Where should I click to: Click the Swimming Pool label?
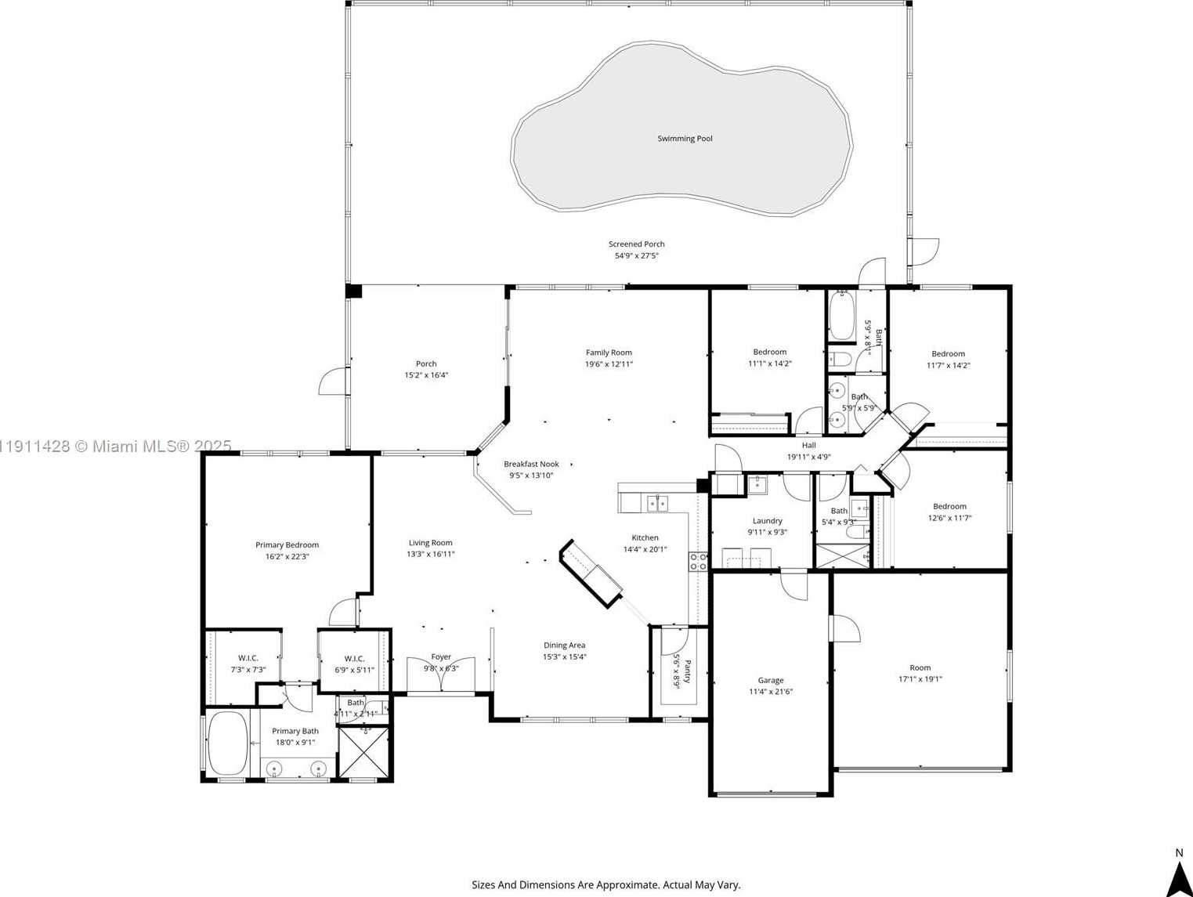(685, 139)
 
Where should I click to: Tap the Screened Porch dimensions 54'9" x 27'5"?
(636, 255)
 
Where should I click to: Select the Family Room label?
(609, 353)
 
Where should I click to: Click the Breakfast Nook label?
(531, 464)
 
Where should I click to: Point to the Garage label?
(770, 680)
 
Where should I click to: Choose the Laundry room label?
(767, 520)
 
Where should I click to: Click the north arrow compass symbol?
(1179, 877)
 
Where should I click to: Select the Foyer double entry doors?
(441, 676)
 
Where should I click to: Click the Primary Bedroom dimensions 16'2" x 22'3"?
(287, 556)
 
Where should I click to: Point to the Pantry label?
(678, 671)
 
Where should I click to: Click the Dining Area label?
(564, 646)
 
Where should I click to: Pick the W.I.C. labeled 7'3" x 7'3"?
(248, 664)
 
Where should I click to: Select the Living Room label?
(430, 542)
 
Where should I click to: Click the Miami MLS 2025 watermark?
(115, 446)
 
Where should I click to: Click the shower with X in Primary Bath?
(363, 752)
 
